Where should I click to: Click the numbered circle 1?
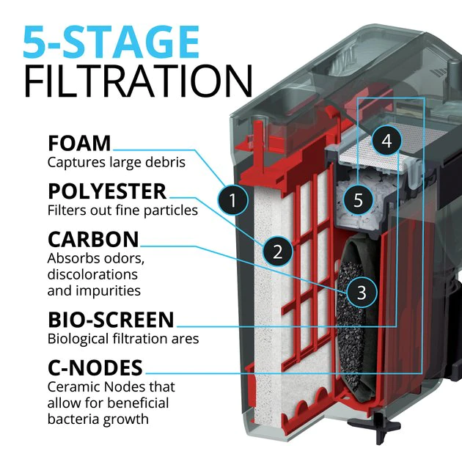(x=232, y=199)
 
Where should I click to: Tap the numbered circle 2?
(x=277, y=252)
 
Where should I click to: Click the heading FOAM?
(x=79, y=143)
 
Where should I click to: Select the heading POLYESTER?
(x=107, y=191)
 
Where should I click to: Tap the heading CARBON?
(x=93, y=240)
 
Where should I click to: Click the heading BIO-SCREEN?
(x=111, y=320)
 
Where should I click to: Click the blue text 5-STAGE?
(x=111, y=43)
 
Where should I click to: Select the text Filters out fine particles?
(x=122, y=210)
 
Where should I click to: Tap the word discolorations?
(x=92, y=274)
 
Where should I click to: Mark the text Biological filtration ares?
(x=123, y=339)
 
